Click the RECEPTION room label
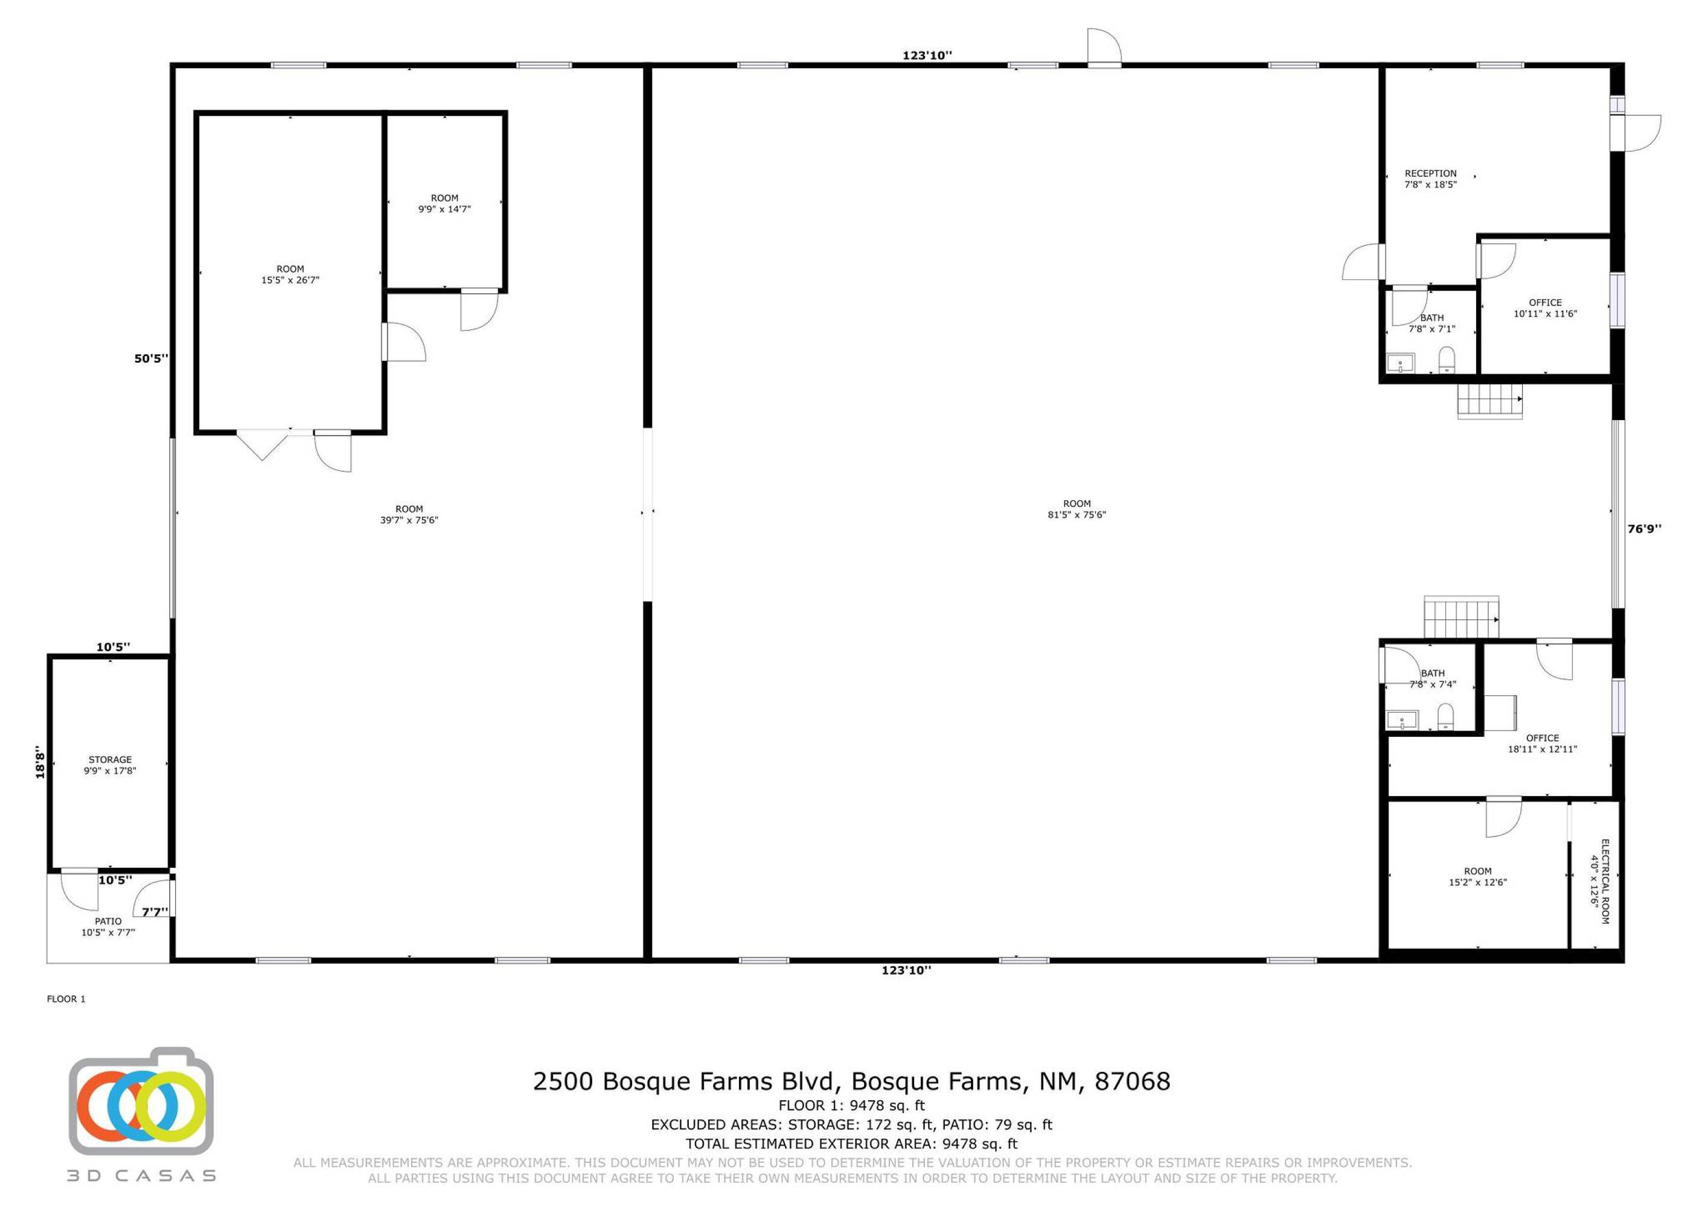[x=1430, y=179]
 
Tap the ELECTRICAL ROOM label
[x=1599, y=881]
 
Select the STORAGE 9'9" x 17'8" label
[x=110, y=765]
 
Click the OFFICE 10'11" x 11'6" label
[x=1545, y=308]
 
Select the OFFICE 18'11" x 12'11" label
[x=1542, y=744]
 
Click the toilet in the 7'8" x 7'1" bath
[x=1446, y=359]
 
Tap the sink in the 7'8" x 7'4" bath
[x=1401, y=720]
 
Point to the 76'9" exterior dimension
[x=1644, y=529]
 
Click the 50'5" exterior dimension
[x=151, y=358]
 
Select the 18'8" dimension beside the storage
[x=40, y=763]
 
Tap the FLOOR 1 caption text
[x=66, y=999]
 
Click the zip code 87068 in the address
[x=1132, y=1081]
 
